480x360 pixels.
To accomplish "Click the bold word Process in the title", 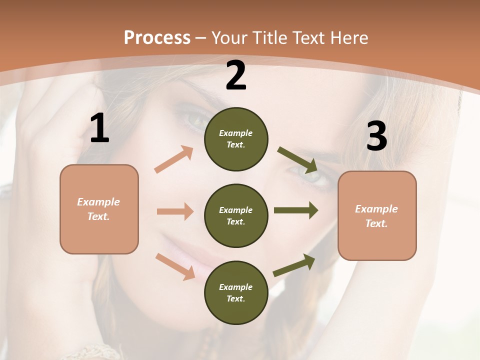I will click(x=157, y=37).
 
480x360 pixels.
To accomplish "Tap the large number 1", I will click(x=99, y=128).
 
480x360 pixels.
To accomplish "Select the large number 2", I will click(x=236, y=75).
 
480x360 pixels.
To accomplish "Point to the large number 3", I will click(x=376, y=136).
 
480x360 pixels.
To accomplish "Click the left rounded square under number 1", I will click(x=99, y=209).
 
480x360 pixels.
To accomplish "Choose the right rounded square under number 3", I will click(x=377, y=215).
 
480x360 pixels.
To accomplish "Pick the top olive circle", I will click(x=236, y=139).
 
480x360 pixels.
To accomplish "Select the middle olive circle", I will click(x=236, y=215).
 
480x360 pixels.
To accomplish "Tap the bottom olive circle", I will click(x=236, y=292).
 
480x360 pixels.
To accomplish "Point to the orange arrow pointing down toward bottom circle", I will click(x=175, y=266).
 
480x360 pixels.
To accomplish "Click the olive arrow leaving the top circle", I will click(x=297, y=158).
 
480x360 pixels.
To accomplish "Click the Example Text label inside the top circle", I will click(x=236, y=139).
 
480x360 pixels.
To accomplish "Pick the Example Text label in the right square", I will click(x=376, y=216).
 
